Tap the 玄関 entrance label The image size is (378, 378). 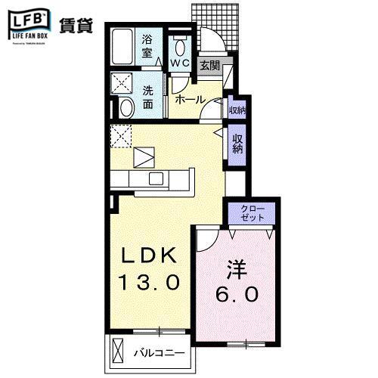209,66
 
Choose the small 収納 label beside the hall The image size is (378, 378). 237,110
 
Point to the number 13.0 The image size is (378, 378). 149,283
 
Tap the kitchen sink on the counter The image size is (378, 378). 157,178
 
